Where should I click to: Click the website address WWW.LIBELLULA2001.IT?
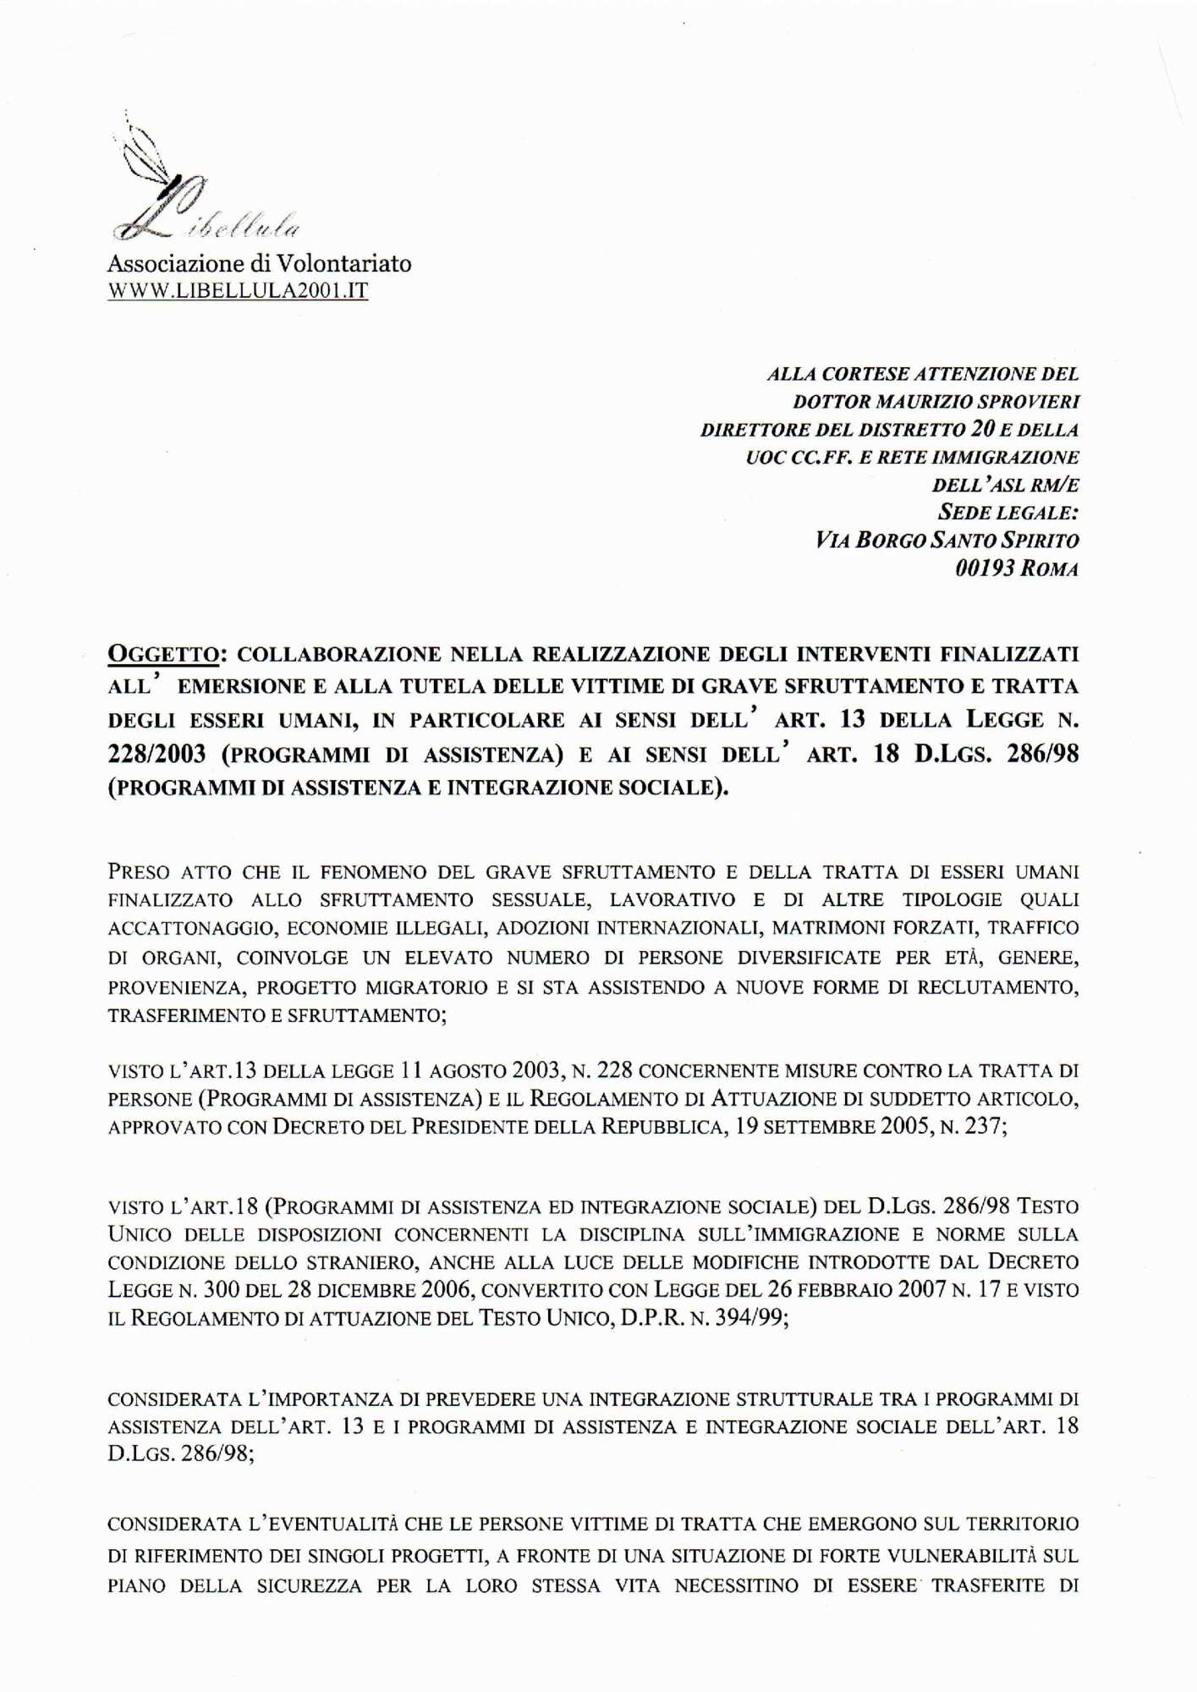239,293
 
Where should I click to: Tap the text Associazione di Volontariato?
259,264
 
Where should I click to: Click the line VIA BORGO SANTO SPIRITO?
944,539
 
